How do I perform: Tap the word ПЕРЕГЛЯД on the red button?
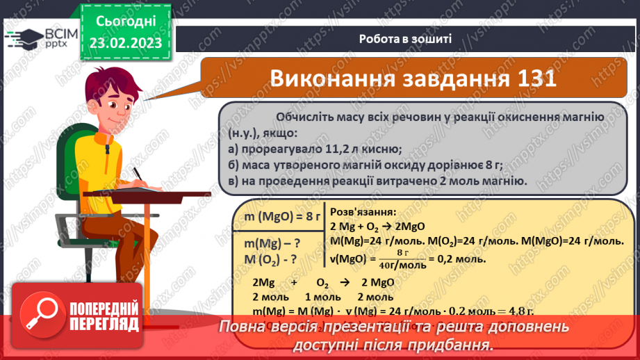104,325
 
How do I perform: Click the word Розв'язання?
362,212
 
